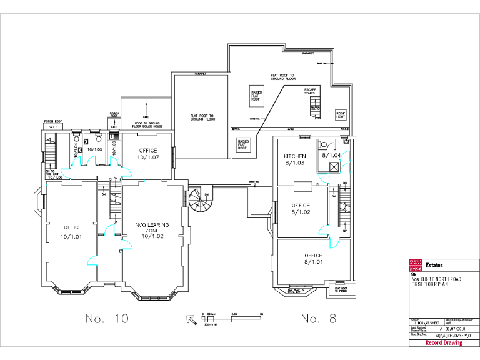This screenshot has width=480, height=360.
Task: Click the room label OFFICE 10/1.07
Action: click(147, 154)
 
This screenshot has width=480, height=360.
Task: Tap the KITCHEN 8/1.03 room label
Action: click(295, 159)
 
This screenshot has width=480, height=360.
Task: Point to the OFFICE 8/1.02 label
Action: click(301, 209)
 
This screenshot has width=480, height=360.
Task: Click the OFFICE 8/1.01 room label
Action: click(313, 259)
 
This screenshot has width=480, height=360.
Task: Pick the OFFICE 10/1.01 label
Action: click(72, 232)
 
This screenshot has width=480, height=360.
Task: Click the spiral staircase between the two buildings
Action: click(202, 199)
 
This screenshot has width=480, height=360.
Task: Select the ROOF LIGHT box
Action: click(341, 115)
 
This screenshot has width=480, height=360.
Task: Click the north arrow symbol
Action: click(192, 319)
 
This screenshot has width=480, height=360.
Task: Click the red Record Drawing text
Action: click(444, 342)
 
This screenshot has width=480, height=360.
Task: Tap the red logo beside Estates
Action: click(416, 265)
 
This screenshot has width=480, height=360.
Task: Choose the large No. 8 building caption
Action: click(318, 319)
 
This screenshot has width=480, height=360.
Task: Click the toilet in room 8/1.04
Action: click(322, 143)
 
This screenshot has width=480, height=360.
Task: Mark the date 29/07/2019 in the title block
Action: click(454, 327)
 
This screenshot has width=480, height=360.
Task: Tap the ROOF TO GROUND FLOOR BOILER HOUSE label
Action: click(146, 125)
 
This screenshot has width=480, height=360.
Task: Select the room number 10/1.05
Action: click(94, 150)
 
